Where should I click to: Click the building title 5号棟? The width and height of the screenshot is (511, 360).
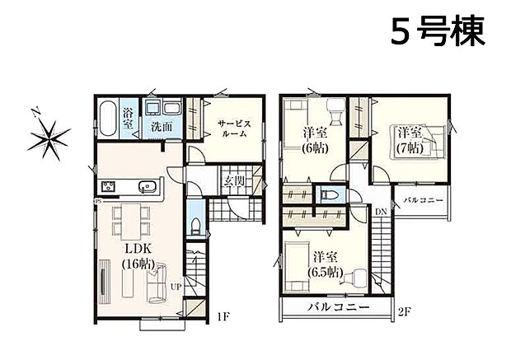tap(436, 32)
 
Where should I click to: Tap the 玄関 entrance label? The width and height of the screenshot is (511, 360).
tap(232, 182)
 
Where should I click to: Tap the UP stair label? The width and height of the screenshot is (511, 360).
tap(176, 287)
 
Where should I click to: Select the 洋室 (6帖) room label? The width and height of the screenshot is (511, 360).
tap(313, 139)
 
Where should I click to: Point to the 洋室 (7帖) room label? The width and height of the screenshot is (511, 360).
tap(410, 139)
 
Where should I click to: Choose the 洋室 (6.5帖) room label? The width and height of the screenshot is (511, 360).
tap(325, 264)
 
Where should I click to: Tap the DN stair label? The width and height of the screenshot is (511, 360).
tap(381, 213)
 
